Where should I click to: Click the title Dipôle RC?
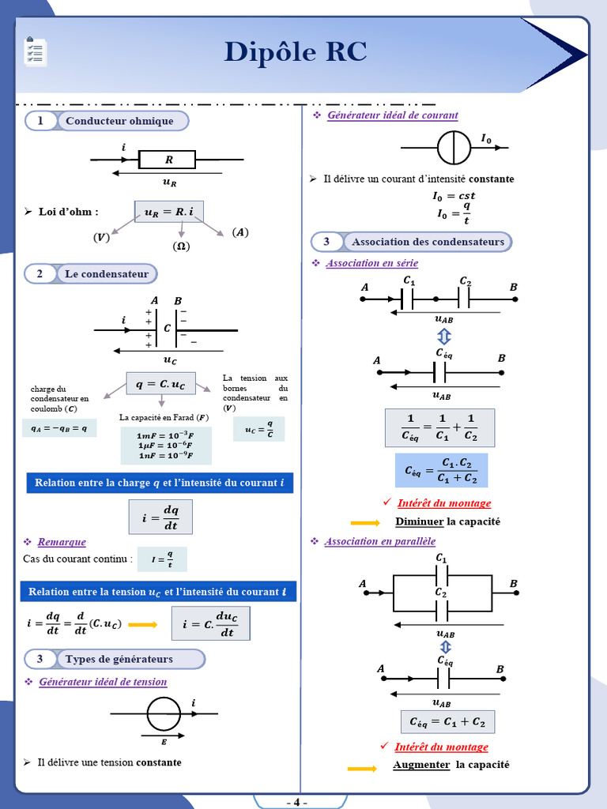click(x=296, y=51)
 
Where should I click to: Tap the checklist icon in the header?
click(x=35, y=51)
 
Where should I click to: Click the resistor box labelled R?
click(x=168, y=160)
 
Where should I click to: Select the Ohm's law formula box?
click(x=169, y=212)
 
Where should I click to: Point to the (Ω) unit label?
click(x=181, y=246)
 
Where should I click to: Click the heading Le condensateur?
click(x=107, y=274)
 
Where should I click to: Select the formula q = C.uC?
click(x=161, y=383)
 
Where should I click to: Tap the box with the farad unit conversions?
click(x=166, y=446)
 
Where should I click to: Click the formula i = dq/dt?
click(x=160, y=517)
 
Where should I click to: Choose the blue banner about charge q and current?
click(x=160, y=483)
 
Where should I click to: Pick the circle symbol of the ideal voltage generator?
click(x=164, y=714)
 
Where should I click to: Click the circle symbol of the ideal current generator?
click(x=454, y=148)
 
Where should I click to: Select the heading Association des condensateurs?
click(x=428, y=242)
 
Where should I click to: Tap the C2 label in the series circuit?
click(x=465, y=281)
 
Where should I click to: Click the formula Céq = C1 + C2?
click(x=447, y=722)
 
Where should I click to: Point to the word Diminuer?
click(x=419, y=521)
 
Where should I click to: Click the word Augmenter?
click(x=421, y=765)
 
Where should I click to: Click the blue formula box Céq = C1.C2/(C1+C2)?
click(x=441, y=471)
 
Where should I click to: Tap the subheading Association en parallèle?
click(x=380, y=541)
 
